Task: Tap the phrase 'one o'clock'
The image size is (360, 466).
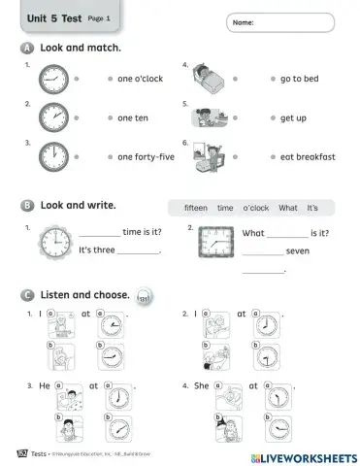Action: pyautogui.click(x=140, y=81)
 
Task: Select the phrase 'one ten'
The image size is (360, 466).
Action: pyautogui.click(x=132, y=118)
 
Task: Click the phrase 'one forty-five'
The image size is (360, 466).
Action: pyautogui.click(x=146, y=156)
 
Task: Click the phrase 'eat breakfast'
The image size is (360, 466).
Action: pyautogui.click(x=308, y=156)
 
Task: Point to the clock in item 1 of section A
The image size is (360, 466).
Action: pyautogui.click(x=54, y=81)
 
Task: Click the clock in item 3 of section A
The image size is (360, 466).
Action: pyautogui.click(x=54, y=155)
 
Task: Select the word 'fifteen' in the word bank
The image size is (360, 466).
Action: pyautogui.click(x=196, y=208)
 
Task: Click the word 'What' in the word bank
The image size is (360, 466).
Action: pyautogui.click(x=288, y=208)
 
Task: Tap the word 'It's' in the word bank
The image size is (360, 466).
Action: pyautogui.click(x=312, y=208)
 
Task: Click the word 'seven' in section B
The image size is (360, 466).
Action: pyautogui.click(x=298, y=251)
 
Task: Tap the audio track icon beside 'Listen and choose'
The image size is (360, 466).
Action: pyautogui.click(x=146, y=296)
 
